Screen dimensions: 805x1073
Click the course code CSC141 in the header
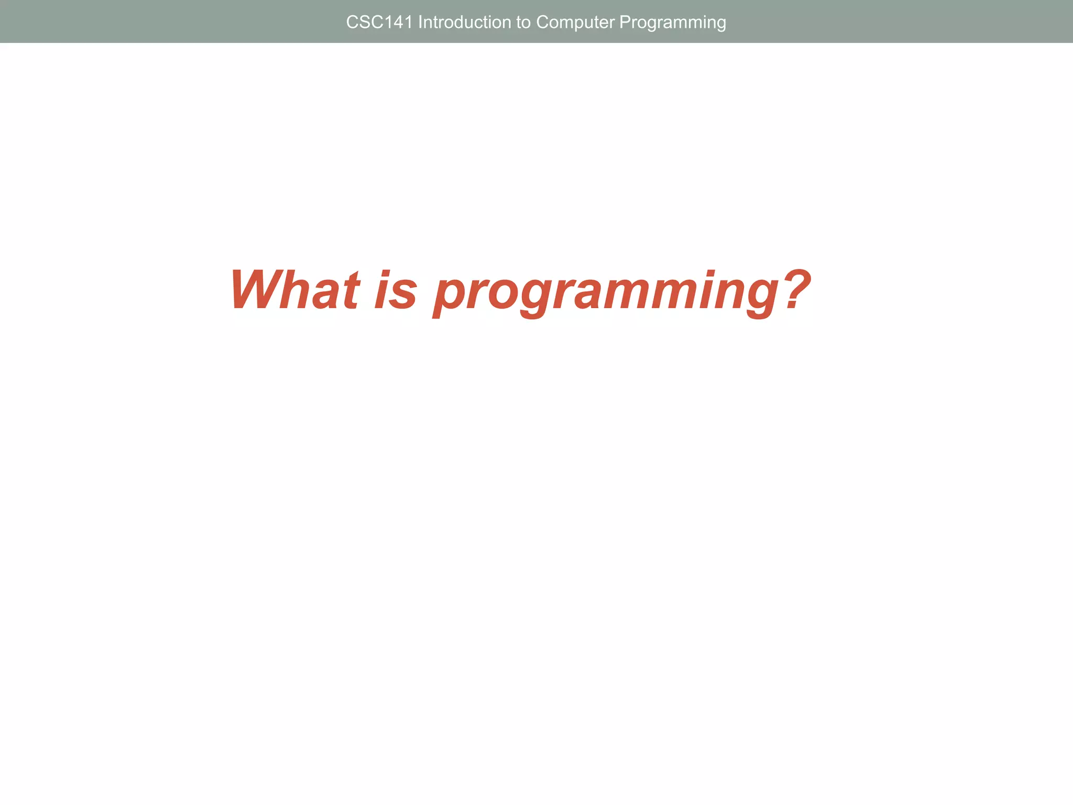tap(379, 22)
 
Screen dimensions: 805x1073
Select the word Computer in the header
tap(575, 23)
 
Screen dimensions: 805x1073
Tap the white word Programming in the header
tap(672, 23)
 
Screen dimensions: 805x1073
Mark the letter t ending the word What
tap(349, 290)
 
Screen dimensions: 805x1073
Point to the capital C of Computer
tap(542, 22)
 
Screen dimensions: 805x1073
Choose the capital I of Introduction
tap(420, 22)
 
